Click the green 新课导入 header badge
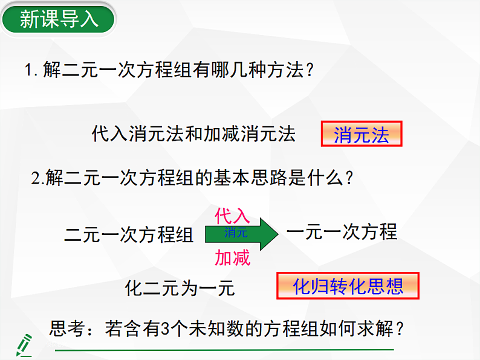point(59,19)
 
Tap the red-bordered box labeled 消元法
point(361,135)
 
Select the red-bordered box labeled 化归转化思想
point(348,286)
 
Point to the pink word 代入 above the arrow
point(232,216)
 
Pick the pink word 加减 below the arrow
point(232,259)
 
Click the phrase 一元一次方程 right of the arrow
point(342,232)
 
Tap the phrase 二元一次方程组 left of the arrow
point(129,234)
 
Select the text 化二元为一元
point(180,288)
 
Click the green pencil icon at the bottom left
point(24,344)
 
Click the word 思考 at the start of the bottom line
point(66,329)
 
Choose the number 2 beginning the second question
point(36,179)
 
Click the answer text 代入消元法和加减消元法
point(193,133)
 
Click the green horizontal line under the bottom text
point(224,350)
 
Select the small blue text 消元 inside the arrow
point(236,233)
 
